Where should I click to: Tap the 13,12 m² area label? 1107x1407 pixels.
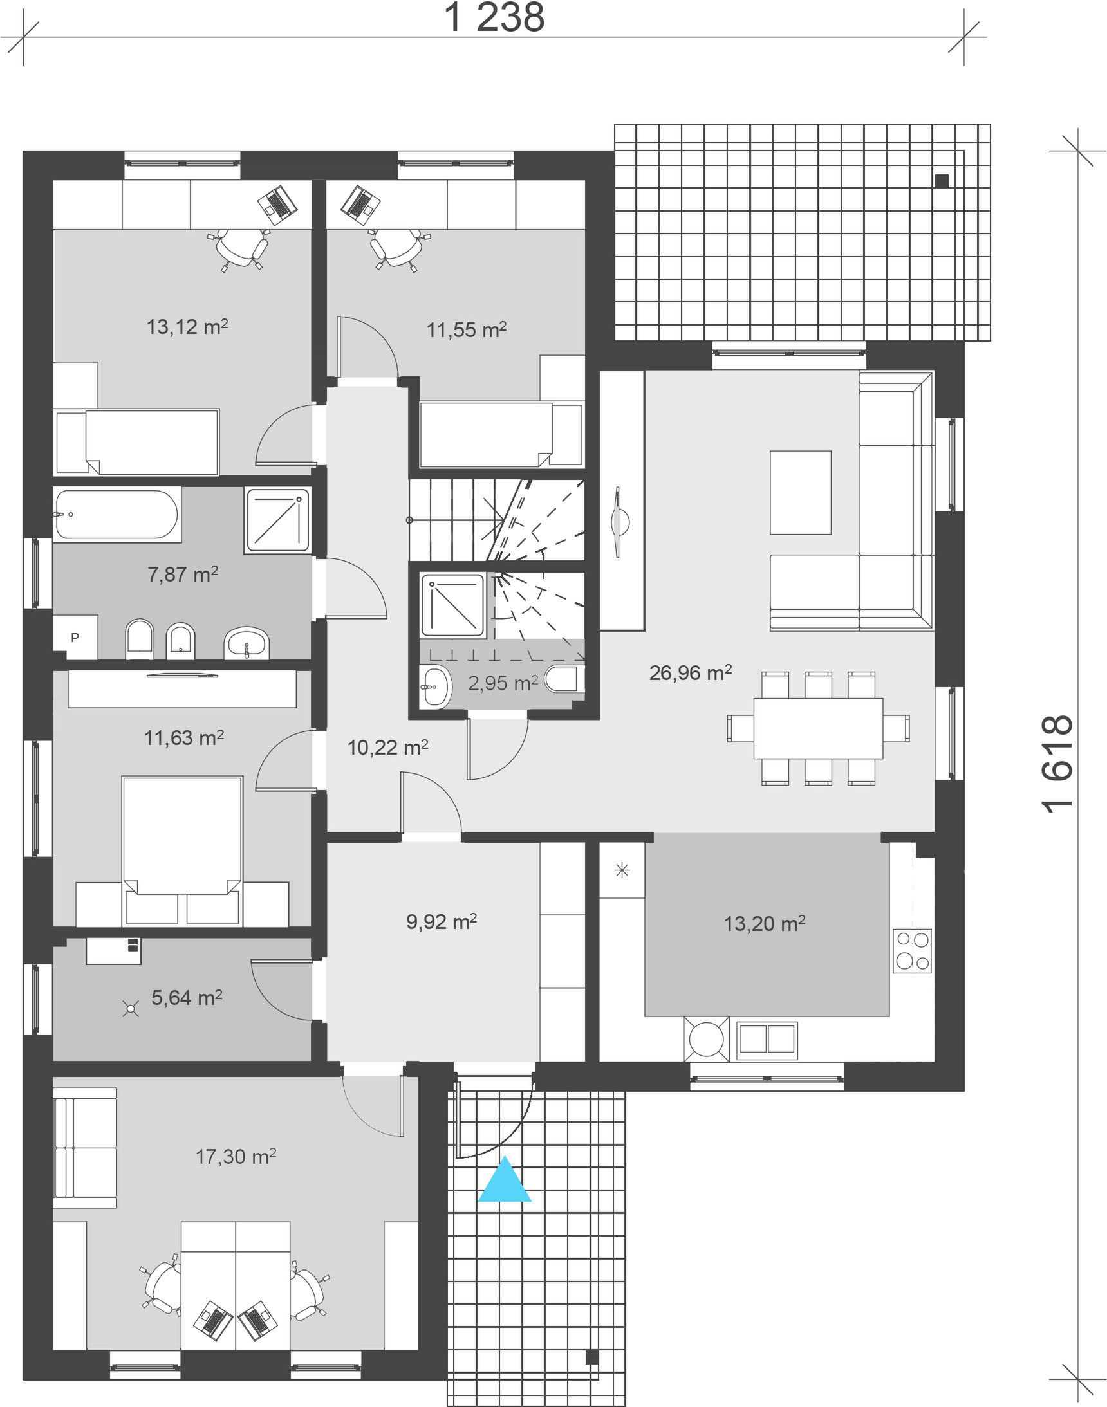187,326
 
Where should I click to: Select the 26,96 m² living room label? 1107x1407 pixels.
690,673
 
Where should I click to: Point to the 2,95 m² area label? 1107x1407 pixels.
503,683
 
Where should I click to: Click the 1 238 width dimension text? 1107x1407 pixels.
494,17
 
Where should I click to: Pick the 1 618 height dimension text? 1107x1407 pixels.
1057,763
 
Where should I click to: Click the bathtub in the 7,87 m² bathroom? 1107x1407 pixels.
116,515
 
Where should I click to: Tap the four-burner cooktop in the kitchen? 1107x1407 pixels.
912,950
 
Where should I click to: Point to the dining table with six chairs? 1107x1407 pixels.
818,728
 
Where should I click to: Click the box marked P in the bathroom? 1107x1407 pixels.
75,638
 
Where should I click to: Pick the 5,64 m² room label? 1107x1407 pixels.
187,998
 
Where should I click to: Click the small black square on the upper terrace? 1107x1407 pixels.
942,181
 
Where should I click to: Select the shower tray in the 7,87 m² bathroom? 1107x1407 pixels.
277,521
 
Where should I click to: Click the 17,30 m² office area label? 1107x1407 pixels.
236,1157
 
